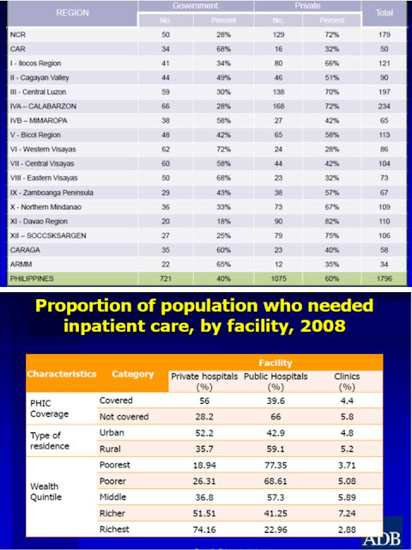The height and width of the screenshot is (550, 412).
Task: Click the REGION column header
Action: (x=72, y=13)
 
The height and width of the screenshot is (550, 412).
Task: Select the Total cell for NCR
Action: (x=384, y=34)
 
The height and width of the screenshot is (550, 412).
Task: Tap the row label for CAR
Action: (x=18, y=49)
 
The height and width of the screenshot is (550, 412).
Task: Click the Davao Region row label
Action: (x=39, y=222)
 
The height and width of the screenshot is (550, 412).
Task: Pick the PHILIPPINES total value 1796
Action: (x=384, y=278)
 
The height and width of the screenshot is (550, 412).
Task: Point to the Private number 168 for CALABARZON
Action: (x=278, y=107)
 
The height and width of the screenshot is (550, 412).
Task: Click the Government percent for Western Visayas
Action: (x=223, y=150)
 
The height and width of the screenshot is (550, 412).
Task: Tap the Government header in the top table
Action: (x=195, y=6)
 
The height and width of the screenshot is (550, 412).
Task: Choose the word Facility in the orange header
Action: (x=276, y=363)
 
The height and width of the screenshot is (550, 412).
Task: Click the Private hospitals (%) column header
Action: (x=204, y=382)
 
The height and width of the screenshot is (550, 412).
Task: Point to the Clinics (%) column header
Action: (x=347, y=382)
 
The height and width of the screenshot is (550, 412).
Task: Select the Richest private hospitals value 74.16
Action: (x=204, y=529)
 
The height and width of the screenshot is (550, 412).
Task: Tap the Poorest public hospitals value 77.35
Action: (x=276, y=465)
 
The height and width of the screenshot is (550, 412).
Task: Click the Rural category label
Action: (x=110, y=449)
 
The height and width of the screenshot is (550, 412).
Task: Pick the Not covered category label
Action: (x=124, y=417)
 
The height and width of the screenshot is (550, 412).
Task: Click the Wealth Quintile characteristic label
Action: (x=45, y=492)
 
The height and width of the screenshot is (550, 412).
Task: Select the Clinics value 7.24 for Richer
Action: (x=347, y=513)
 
